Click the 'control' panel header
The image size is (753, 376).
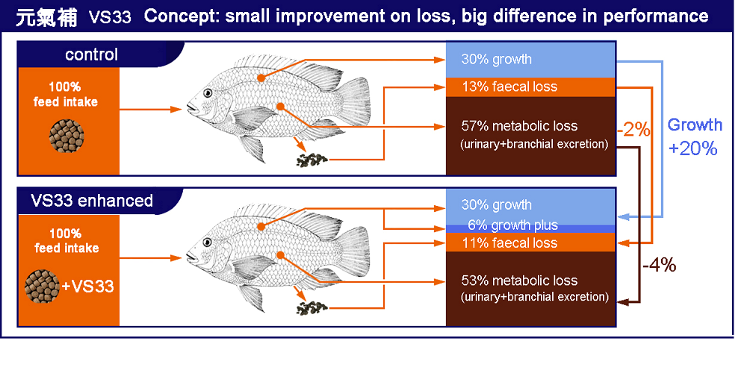click(91, 54)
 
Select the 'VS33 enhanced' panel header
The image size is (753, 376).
click(92, 201)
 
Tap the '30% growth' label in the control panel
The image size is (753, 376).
click(496, 59)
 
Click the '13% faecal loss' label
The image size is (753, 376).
click(509, 87)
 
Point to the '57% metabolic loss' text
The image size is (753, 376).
click(519, 126)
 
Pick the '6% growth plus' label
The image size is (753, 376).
click(512, 225)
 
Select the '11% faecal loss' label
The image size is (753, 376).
click(509, 242)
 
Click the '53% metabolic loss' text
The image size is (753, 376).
click(519, 281)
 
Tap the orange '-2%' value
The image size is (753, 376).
click(633, 128)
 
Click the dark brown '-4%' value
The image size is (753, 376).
click(659, 264)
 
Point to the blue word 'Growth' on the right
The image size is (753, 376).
click(695, 125)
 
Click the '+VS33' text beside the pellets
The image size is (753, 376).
click(87, 285)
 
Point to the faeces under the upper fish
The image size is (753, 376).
click(314, 159)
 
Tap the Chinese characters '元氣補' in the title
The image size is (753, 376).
click(46, 17)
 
